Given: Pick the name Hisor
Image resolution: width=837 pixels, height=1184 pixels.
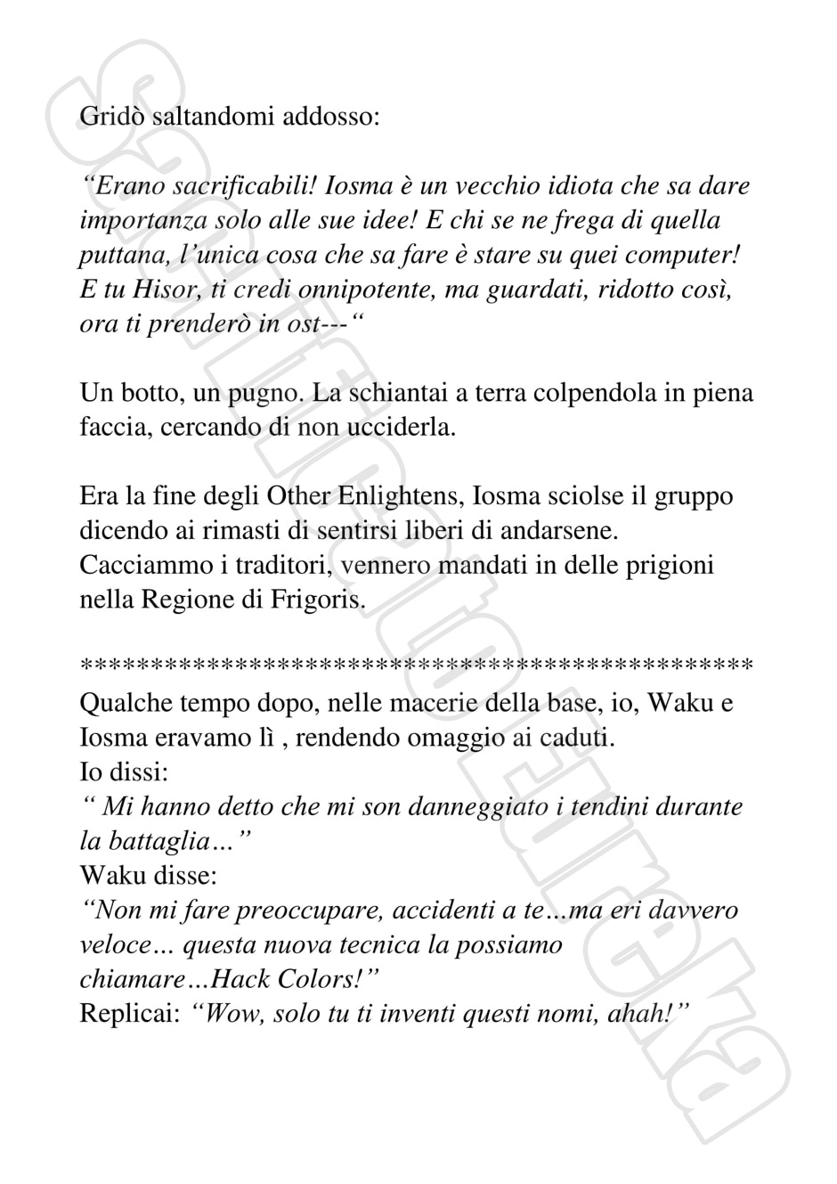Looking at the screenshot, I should (x=167, y=290).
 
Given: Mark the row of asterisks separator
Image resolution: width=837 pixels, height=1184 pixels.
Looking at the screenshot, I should (x=417, y=665).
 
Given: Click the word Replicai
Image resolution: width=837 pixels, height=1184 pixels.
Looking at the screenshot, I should (x=130, y=1014).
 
